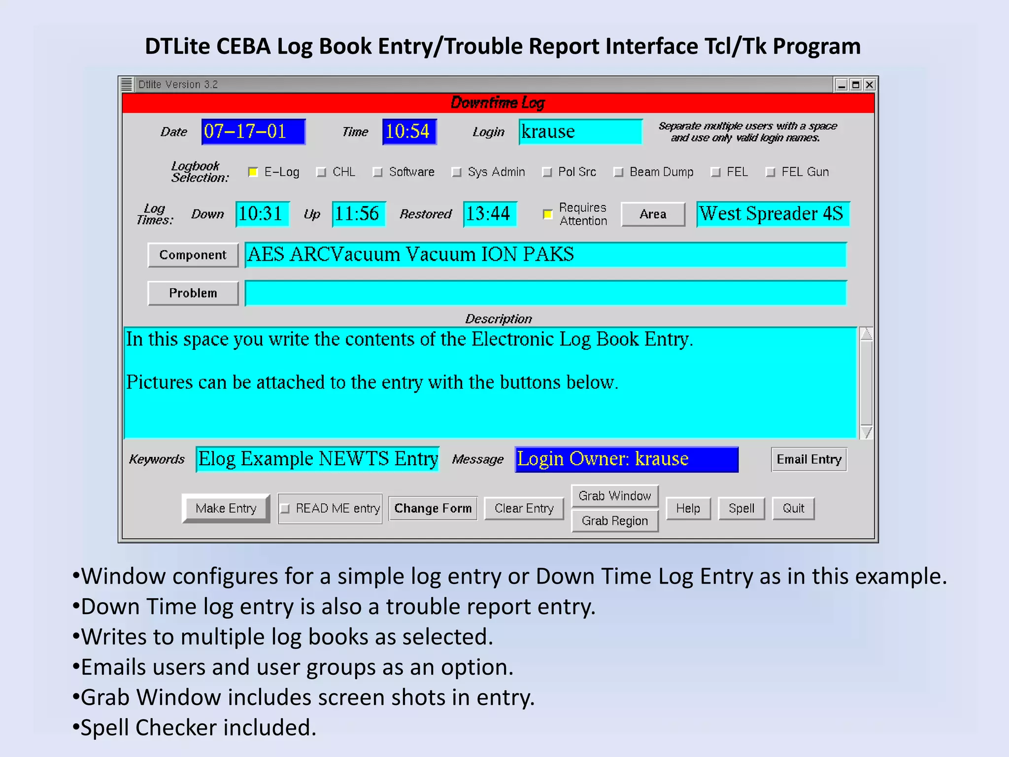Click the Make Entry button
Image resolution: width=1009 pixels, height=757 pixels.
pos(226,508)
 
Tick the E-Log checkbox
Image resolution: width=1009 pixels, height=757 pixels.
pos(253,172)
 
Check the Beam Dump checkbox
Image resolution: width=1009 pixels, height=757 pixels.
pos(618,172)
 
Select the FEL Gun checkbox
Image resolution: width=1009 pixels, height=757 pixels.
pos(771,172)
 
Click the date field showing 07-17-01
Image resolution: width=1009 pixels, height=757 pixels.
pos(253,132)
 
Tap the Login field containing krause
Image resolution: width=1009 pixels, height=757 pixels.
pos(580,132)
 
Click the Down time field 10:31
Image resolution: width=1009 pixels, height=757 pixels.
pos(262,214)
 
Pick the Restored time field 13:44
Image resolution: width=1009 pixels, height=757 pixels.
pos(489,214)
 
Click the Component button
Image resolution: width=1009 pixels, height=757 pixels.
pos(193,255)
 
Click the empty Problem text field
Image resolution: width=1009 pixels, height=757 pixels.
pos(545,293)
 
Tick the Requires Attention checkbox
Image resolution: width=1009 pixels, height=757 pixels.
pos(547,214)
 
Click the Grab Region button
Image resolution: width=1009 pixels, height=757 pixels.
pos(614,521)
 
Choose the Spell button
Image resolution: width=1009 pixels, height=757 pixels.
pos(741,508)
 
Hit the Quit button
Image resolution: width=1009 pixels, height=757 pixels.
pos(793,508)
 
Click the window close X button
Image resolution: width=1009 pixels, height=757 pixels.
pos(870,85)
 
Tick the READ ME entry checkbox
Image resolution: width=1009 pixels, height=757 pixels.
pos(285,509)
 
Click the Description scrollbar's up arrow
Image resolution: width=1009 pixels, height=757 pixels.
pos(866,334)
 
